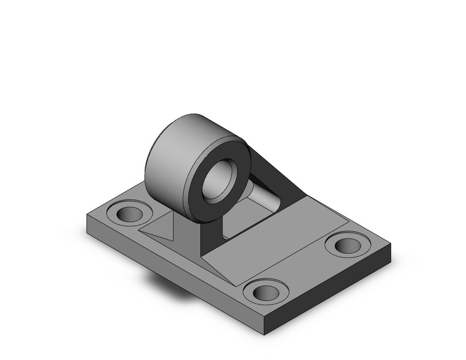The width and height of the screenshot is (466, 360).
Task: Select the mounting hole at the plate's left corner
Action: click(129, 214)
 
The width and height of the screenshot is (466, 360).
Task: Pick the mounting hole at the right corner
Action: click(347, 245)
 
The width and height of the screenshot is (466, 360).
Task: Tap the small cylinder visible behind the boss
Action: click(264, 196)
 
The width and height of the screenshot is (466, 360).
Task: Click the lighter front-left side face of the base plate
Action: click(172, 270)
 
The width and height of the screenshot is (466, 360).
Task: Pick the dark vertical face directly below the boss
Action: click(208, 239)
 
